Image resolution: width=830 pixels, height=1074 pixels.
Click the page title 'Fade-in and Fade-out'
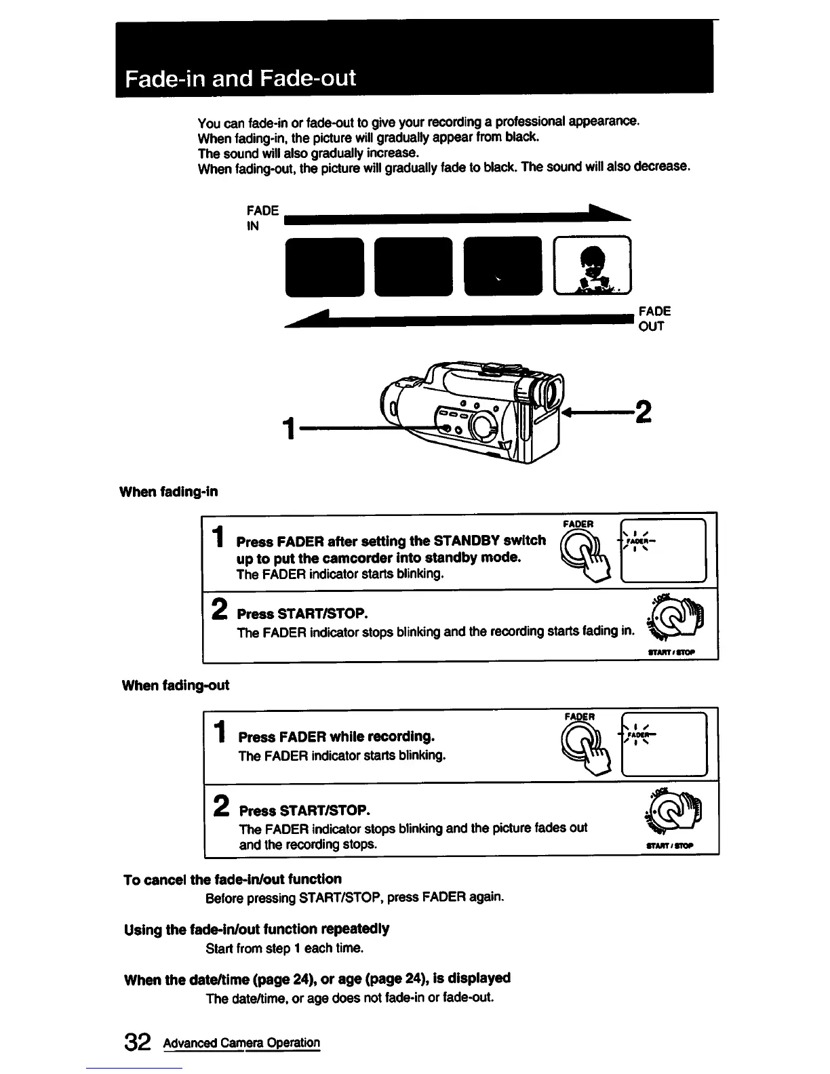(x=240, y=78)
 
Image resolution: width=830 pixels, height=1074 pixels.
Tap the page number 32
(x=137, y=1043)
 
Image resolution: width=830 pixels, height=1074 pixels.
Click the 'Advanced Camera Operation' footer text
(x=241, y=1043)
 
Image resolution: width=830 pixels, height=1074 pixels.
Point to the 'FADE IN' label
(x=262, y=218)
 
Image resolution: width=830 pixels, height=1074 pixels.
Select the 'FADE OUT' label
(x=654, y=319)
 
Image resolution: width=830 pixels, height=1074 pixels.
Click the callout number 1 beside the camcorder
(x=290, y=429)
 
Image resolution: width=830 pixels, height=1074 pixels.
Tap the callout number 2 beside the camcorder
(x=641, y=411)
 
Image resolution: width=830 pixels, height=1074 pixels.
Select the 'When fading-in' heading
(x=169, y=492)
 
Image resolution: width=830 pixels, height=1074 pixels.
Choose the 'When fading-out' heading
(x=175, y=685)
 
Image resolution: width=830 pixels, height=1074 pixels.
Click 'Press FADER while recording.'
(x=336, y=736)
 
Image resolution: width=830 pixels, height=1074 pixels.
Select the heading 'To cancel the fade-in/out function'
(x=233, y=879)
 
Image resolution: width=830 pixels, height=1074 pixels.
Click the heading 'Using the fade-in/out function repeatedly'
(x=256, y=929)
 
